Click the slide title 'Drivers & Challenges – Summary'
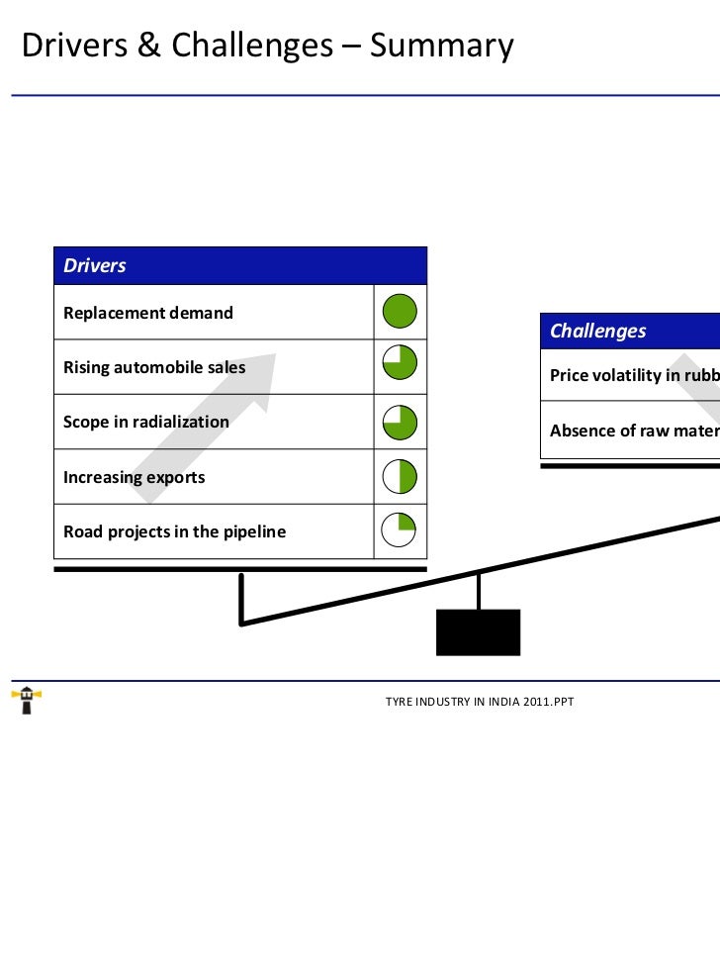(x=267, y=46)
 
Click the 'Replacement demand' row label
(x=148, y=313)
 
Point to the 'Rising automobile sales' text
(x=154, y=368)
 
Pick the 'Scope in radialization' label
(x=146, y=422)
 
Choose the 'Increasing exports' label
(x=135, y=477)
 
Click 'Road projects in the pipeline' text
(x=174, y=531)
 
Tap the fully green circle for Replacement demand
(x=400, y=312)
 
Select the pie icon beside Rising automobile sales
(x=400, y=367)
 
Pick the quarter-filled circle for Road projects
(x=400, y=530)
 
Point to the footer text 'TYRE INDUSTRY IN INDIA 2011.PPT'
(x=480, y=702)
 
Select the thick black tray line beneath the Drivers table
(x=240, y=570)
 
